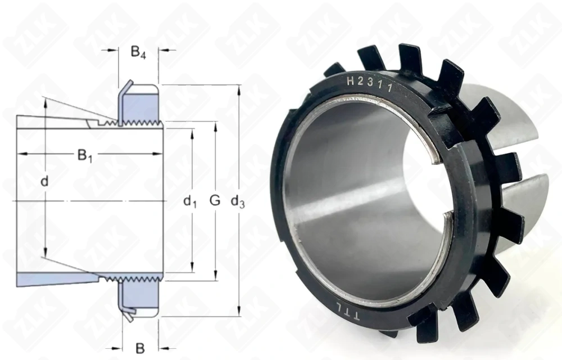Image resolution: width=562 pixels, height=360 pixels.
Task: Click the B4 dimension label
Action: point(138,52)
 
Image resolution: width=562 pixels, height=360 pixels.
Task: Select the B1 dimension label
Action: point(85,156)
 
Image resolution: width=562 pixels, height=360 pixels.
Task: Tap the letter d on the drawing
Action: point(44,181)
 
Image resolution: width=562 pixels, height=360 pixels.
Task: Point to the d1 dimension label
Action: point(190,202)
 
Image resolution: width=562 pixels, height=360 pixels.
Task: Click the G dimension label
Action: point(215,200)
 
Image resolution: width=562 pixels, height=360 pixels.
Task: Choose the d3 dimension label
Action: point(238,202)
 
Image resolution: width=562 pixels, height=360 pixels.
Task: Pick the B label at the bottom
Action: point(140,348)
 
